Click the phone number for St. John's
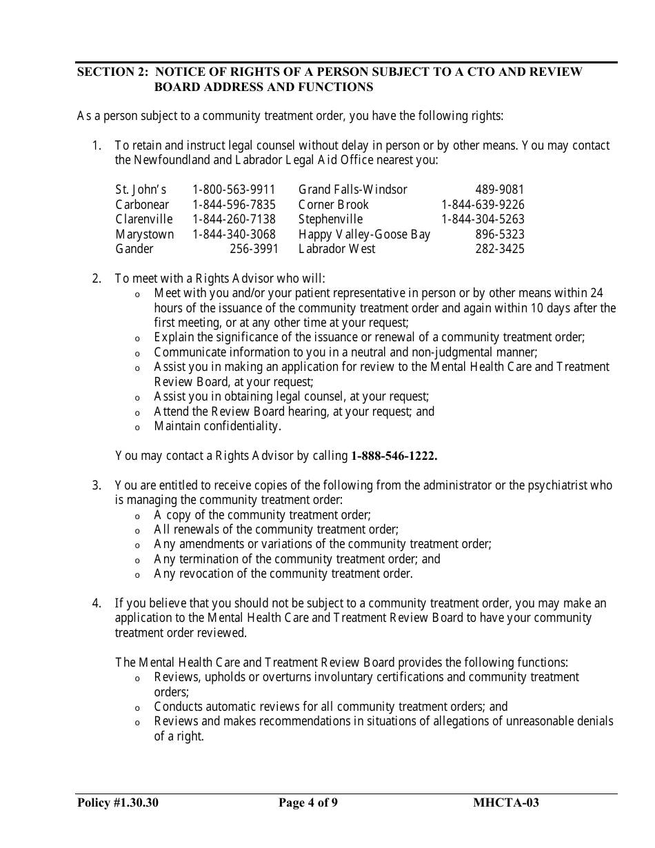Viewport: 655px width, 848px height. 234,190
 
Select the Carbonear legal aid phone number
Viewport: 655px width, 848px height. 234,205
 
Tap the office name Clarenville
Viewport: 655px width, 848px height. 143,219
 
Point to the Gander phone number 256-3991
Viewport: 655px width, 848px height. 254,249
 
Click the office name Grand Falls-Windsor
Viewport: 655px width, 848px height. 352,190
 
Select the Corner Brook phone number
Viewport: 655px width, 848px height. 483,205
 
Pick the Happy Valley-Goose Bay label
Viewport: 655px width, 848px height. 364,234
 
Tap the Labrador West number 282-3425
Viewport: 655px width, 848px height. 499,249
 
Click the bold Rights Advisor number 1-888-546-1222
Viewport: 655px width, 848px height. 394,456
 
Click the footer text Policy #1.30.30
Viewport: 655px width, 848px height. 118,802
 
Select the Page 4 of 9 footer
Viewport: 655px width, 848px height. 308,802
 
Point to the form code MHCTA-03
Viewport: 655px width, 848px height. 506,802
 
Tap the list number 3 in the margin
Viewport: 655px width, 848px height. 97,485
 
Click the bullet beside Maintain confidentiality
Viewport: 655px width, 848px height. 137,428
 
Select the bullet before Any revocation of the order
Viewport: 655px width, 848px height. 137,576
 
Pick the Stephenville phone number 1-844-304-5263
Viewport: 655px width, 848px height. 483,219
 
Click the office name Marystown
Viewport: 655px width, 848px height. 144,234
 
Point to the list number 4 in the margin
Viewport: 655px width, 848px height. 97,604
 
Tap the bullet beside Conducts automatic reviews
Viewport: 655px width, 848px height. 137,709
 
